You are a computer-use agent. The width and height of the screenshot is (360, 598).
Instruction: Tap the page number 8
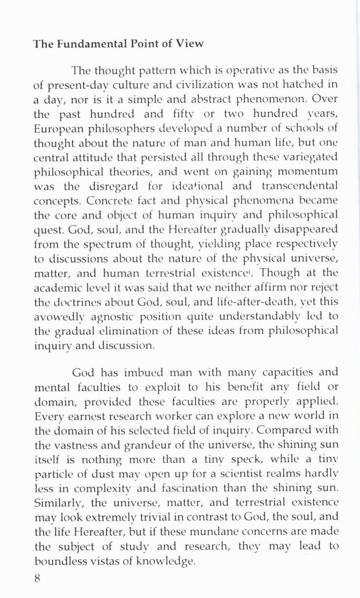(x=37, y=578)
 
